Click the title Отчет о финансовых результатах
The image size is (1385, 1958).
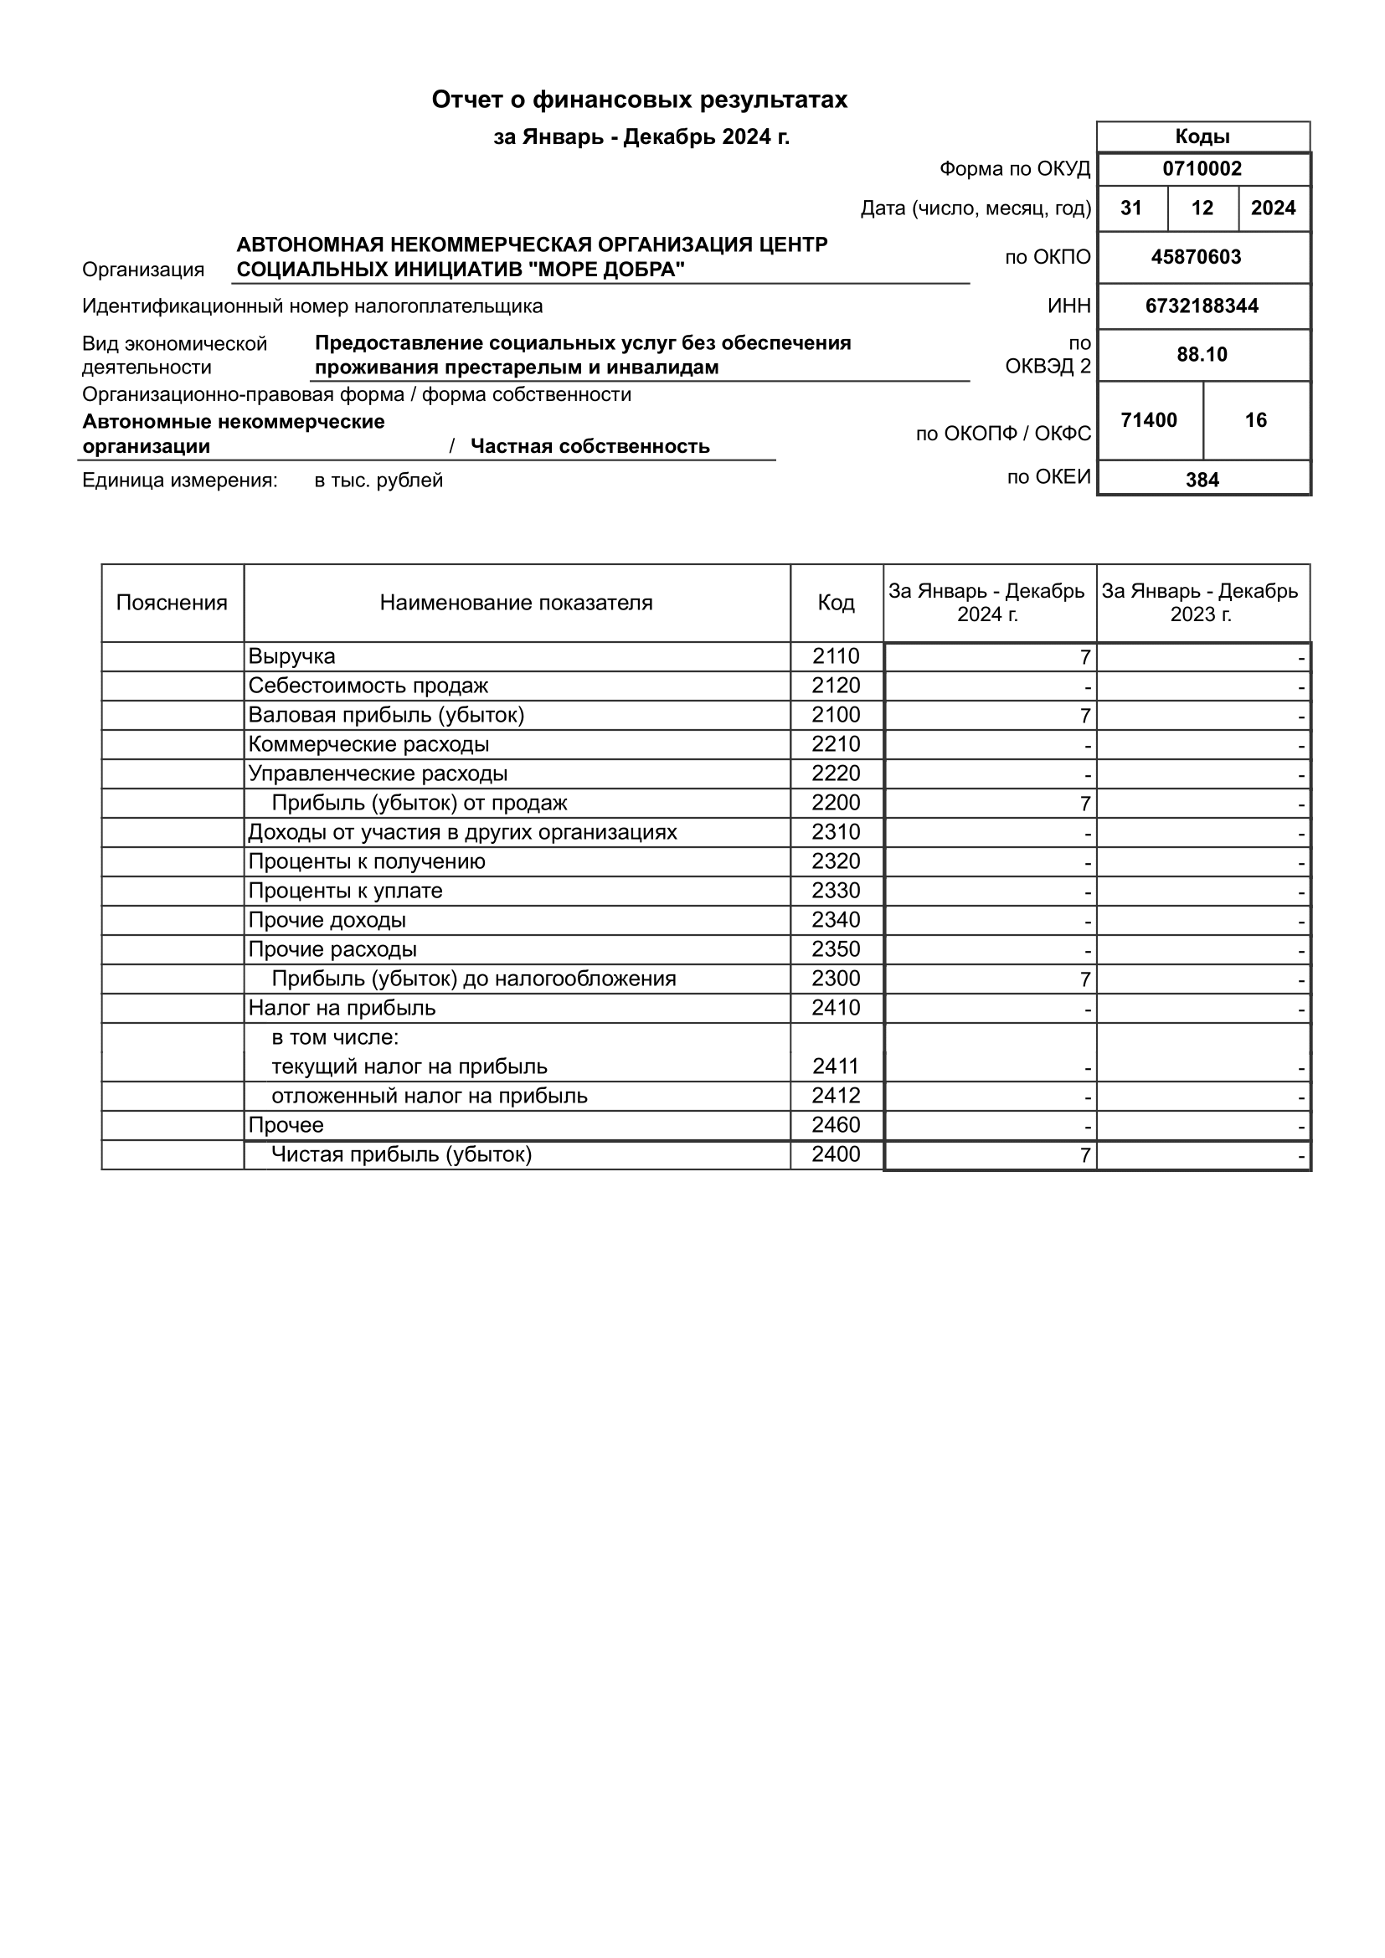[x=639, y=100]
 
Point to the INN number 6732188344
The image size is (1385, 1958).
[x=1202, y=306]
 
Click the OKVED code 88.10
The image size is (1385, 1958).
[x=1202, y=355]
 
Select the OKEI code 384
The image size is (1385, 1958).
[x=1202, y=481]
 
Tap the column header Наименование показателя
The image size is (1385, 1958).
[x=516, y=603]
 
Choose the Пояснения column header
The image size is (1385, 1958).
[x=172, y=603]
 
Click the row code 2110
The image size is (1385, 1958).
[x=836, y=656]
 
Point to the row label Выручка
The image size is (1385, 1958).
[x=291, y=656]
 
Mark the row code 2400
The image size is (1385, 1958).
[x=836, y=1154]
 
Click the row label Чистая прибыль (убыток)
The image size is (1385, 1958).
[x=401, y=1154]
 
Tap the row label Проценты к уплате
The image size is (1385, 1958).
[x=345, y=892]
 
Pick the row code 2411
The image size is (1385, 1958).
[x=836, y=1066]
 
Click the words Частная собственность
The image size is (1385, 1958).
[x=590, y=447]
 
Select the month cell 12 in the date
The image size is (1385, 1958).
[x=1202, y=209]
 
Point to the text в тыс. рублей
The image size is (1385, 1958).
[x=378, y=481]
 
